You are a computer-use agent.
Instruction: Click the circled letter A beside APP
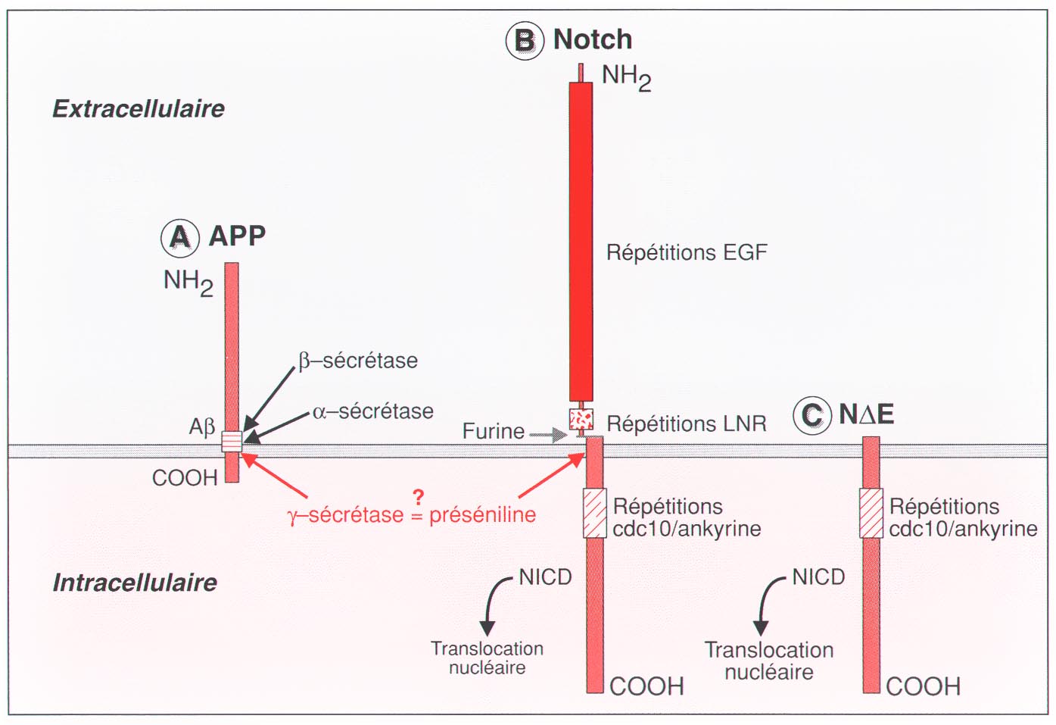pyautogui.click(x=180, y=238)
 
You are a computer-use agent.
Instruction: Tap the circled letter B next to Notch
pyautogui.click(x=525, y=41)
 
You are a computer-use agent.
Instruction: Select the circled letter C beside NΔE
pyautogui.click(x=812, y=416)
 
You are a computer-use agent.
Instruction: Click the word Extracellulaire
pyautogui.click(x=139, y=109)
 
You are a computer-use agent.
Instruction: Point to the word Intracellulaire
pyautogui.click(x=136, y=583)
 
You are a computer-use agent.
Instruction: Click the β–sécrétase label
pyautogui.click(x=358, y=361)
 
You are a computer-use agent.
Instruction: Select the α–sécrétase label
pyautogui.click(x=373, y=412)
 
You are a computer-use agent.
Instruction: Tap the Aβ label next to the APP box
pyautogui.click(x=202, y=427)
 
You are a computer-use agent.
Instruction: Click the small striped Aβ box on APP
pyautogui.click(x=232, y=442)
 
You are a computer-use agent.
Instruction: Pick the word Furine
pyautogui.click(x=493, y=431)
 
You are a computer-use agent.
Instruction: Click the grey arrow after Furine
pyautogui.click(x=548, y=434)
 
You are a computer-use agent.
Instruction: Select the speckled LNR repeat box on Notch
pyautogui.click(x=581, y=419)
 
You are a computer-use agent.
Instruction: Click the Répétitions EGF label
pyautogui.click(x=687, y=253)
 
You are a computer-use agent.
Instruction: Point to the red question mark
pyautogui.click(x=418, y=498)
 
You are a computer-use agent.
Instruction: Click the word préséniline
pyautogui.click(x=483, y=514)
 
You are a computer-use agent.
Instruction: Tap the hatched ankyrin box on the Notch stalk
pyautogui.click(x=595, y=513)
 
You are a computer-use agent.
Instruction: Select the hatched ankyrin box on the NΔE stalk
pyautogui.click(x=871, y=513)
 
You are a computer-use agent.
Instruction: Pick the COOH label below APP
pyautogui.click(x=185, y=478)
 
